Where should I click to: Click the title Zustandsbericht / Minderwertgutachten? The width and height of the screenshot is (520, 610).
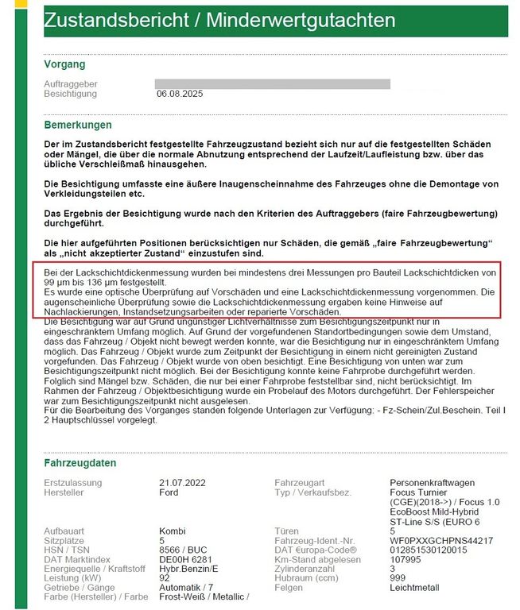[219, 20]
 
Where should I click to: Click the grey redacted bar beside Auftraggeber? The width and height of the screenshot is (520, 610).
[273, 83]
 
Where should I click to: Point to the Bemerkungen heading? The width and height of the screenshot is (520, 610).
[79, 125]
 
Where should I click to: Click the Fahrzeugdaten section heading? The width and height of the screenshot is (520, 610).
[80, 463]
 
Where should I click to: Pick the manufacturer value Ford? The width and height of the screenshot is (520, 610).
[169, 492]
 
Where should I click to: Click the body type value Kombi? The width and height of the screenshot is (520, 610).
[173, 531]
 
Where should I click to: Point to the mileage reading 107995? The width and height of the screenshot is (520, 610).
[407, 559]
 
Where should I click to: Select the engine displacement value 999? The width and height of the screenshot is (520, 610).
[398, 578]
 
